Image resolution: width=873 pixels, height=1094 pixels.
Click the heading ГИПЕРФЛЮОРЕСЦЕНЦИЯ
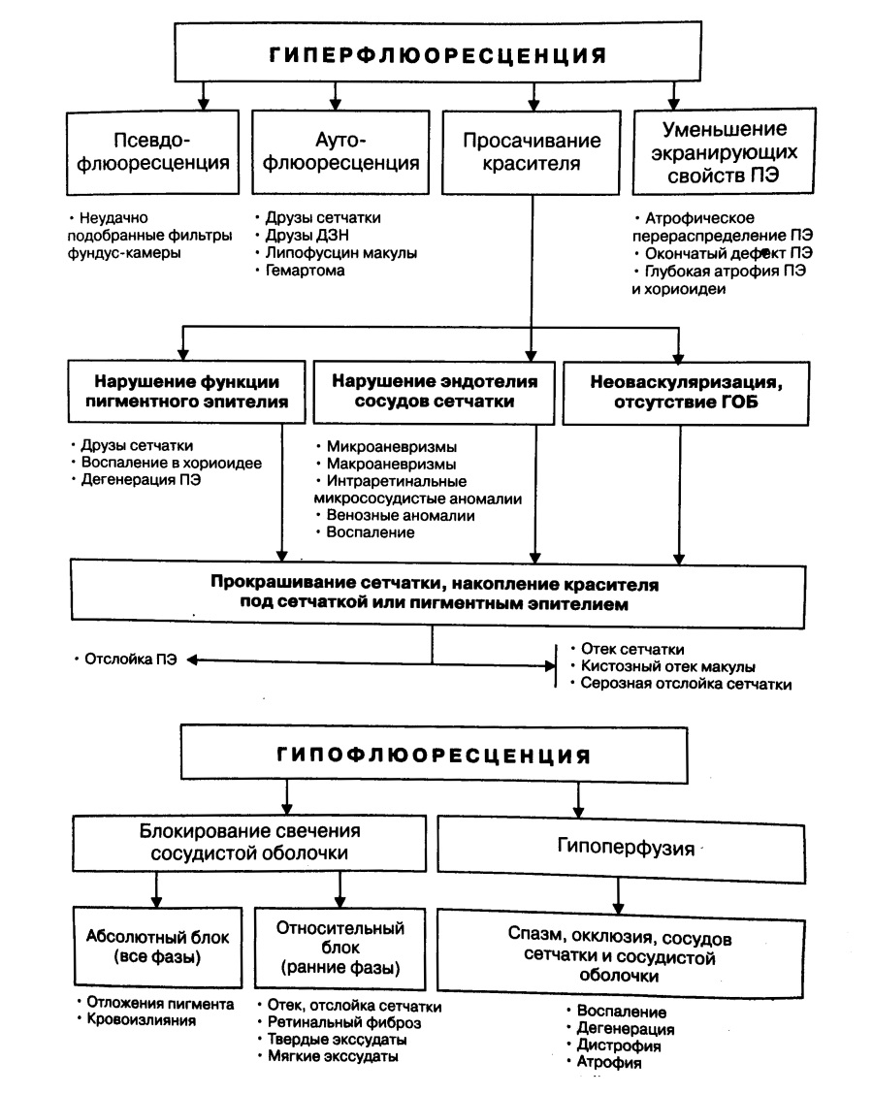(x=437, y=54)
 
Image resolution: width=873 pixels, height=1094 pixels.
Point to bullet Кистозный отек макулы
(x=669, y=666)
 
